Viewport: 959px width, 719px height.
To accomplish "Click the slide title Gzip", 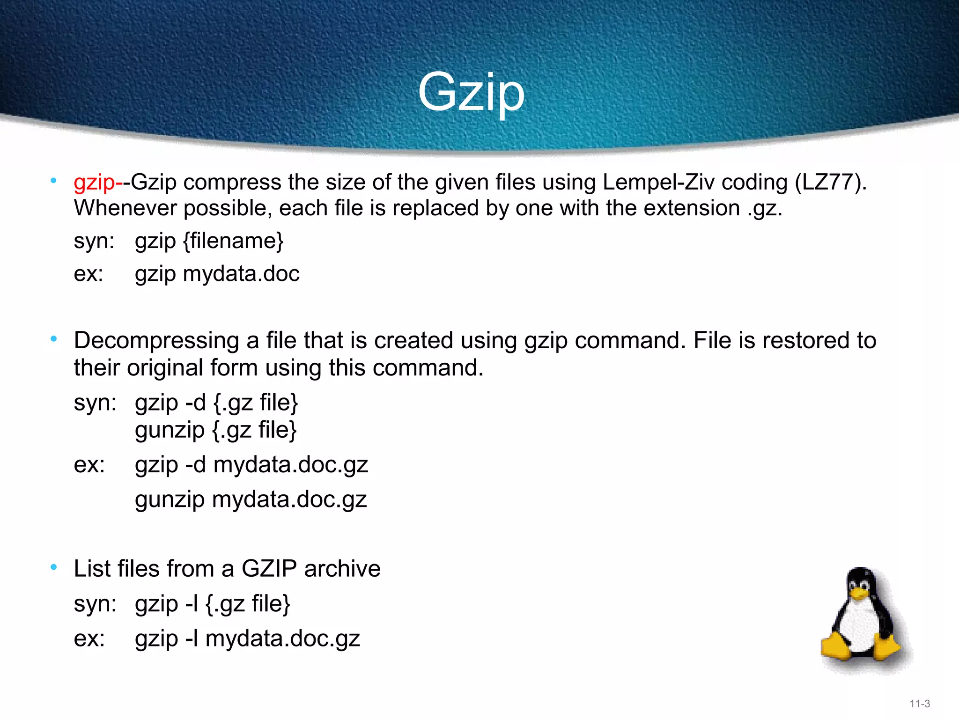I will (x=471, y=93).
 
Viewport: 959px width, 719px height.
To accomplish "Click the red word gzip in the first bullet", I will (x=94, y=183).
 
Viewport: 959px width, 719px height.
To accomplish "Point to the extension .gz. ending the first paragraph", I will (x=764, y=208).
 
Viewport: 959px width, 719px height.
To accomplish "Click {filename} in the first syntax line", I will (x=233, y=242).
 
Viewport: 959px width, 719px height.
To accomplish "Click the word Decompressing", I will (x=156, y=341).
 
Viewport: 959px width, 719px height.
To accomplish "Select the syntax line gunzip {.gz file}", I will (x=216, y=430).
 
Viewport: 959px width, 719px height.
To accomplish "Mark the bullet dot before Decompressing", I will (x=54, y=339).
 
